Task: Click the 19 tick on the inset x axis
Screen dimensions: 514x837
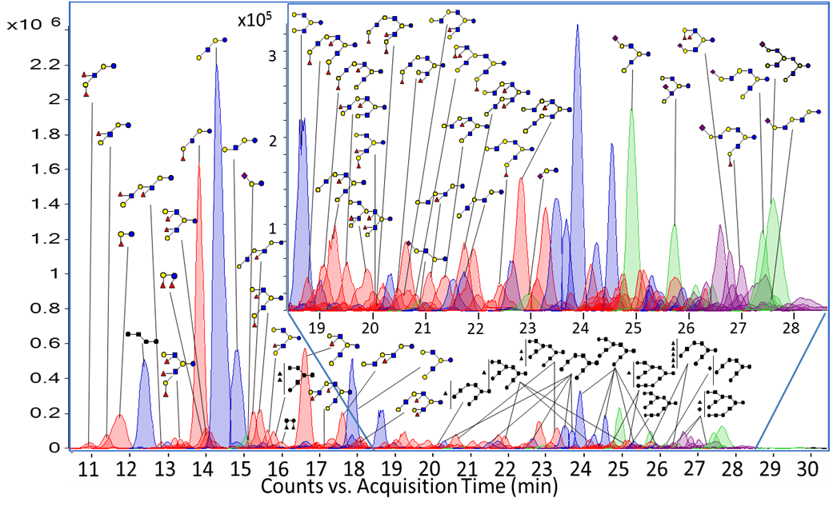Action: (x=318, y=328)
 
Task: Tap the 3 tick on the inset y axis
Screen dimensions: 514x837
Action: (x=272, y=55)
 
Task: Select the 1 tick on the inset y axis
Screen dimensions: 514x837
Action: (x=272, y=227)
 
